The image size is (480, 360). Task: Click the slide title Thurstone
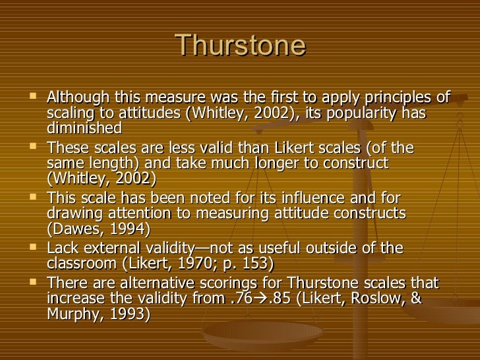tap(241, 46)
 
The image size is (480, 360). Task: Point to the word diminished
tap(85, 127)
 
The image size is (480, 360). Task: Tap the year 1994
tap(125, 229)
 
